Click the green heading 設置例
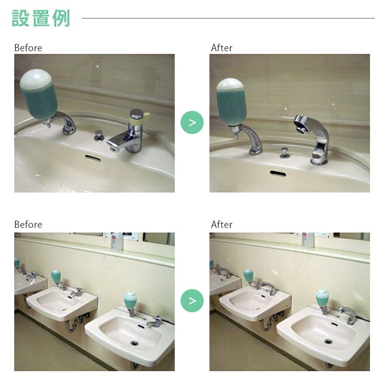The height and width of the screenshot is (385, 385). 41,18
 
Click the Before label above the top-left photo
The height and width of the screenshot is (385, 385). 28,48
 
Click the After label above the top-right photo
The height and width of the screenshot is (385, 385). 221,48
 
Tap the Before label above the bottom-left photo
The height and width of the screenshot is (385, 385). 28,224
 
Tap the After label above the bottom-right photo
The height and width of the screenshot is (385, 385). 221,224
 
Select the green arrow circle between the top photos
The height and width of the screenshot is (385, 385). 192,122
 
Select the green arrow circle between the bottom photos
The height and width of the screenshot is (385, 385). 192,301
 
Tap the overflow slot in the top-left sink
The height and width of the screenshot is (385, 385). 93,157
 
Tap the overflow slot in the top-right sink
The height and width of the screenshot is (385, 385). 278,173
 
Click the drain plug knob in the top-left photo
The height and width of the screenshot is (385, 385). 99,136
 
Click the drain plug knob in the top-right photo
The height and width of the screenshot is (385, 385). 285,153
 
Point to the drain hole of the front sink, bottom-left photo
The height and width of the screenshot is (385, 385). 134,343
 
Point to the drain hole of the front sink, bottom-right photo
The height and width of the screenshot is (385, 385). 328,341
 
